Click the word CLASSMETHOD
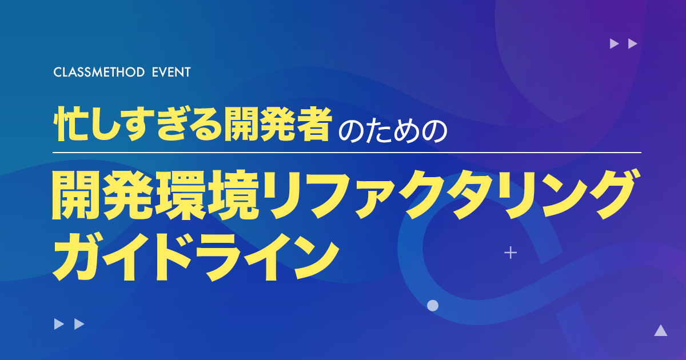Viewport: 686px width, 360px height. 99,72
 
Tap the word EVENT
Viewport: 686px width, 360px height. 171,72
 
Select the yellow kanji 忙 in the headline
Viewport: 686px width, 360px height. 70,125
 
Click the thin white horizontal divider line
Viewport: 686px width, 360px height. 347,152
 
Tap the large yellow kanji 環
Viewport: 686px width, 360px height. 181,195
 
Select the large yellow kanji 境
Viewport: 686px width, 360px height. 233,195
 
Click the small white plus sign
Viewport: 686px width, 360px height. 510,253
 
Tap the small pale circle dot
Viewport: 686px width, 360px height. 433,305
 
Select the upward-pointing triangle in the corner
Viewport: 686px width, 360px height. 661,330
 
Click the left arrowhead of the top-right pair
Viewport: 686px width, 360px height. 615,43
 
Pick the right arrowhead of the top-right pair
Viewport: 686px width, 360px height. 633,43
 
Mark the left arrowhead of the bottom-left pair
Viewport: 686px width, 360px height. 59,324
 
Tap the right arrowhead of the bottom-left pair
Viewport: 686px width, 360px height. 79,324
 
